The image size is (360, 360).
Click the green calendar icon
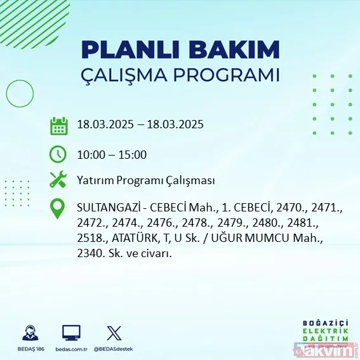tap(58, 126)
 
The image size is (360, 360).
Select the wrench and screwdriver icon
tap(58, 180)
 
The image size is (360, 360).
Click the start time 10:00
tap(89, 154)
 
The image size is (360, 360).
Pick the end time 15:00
tap(133, 154)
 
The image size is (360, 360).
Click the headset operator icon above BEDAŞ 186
tap(29, 333)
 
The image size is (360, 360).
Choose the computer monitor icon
tap(71, 333)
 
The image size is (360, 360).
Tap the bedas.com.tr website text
tap(71, 350)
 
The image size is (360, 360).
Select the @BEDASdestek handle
tap(115, 350)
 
